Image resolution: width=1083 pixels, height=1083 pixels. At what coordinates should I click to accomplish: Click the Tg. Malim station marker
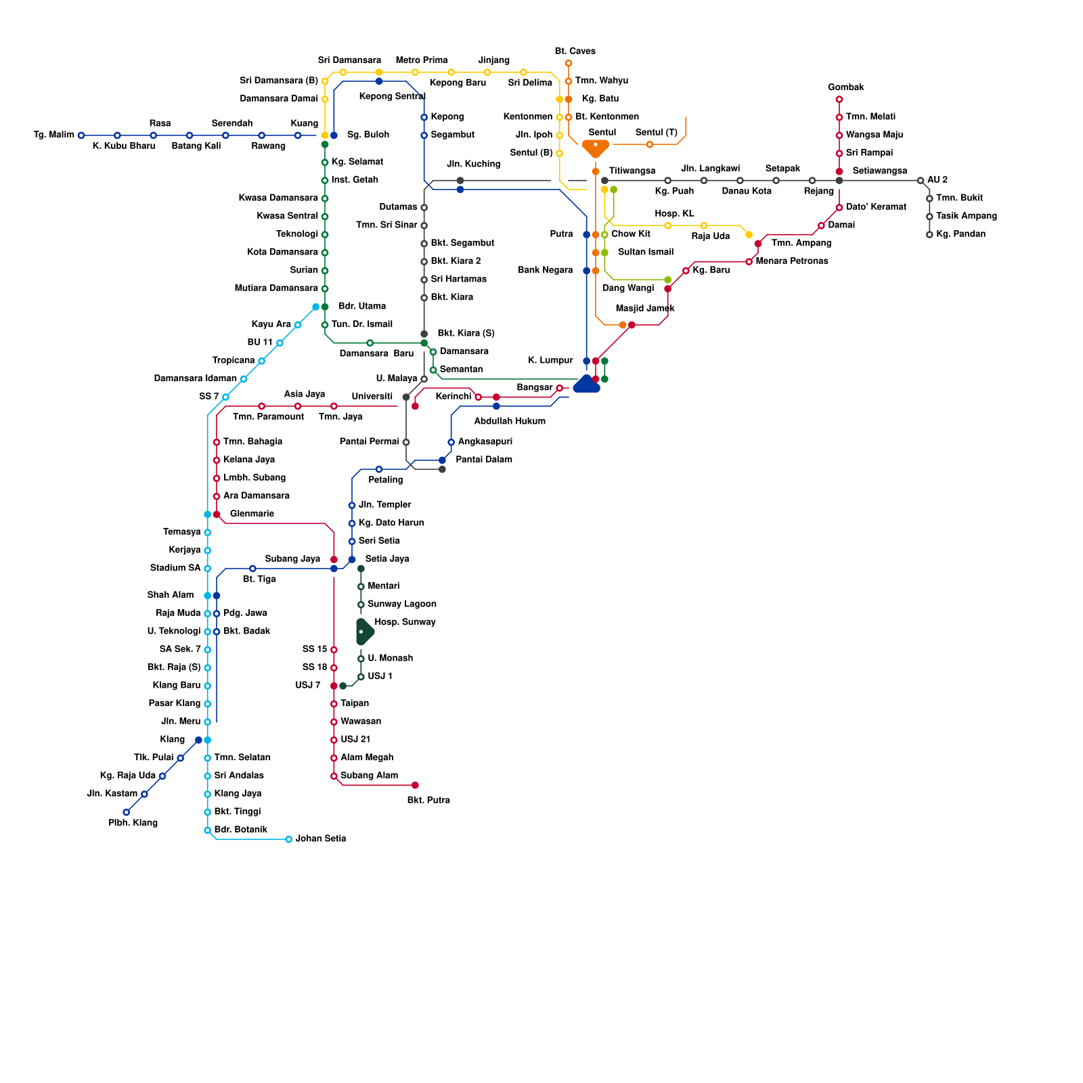[x=81, y=135]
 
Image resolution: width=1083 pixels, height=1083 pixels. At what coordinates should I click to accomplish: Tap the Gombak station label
[x=845, y=87]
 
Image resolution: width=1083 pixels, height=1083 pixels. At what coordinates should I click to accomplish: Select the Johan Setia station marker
[x=289, y=839]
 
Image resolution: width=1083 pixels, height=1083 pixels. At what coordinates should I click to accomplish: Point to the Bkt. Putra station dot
[x=415, y=785]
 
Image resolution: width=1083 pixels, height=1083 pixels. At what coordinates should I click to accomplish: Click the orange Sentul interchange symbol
[x=596, y=147]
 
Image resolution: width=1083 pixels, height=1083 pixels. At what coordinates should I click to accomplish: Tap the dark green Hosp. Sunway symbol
[x=363, y=632]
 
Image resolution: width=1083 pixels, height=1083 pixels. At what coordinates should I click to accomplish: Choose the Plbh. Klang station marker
[x=127, y=812]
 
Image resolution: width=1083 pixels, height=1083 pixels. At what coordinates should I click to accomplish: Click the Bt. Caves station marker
[x=569, y=64]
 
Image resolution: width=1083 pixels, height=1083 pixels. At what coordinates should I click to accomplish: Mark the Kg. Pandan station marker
[x=929, y=235]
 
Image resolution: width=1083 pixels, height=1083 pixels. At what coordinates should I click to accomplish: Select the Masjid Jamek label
[x=645, y=309]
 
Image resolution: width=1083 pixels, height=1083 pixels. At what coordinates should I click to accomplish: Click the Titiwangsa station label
[x=632, y=171]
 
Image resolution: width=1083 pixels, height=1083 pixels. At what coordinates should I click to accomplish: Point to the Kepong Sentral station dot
[x=379, y=81]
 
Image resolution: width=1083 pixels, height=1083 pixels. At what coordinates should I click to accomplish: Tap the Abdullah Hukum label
[x=510, y=421]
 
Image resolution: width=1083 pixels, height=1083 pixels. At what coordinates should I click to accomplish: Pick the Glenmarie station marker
[x=217, y=514]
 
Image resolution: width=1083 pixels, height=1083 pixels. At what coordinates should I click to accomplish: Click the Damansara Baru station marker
[x=370, y=343]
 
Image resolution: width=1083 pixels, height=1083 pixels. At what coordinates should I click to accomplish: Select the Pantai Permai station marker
[x=406, y=443]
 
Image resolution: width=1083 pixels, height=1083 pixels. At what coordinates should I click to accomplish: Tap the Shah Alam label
[x=171, y=595]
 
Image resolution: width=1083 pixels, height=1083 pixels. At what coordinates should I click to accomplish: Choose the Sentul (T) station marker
[x=650, y=144]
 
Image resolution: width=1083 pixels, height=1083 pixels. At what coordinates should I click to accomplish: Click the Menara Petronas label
[x=792, y=261]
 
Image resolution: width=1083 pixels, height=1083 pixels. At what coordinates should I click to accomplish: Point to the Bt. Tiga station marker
[x=252, y=569]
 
